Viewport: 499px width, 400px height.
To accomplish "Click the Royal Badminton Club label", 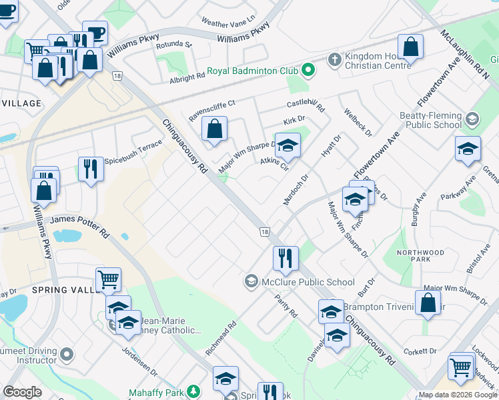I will pos(252,70).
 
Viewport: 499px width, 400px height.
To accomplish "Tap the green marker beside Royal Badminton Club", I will pos(308,69).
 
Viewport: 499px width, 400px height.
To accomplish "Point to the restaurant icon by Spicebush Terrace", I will pos(91,169).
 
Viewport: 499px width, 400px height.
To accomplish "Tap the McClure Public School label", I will pos(308,281).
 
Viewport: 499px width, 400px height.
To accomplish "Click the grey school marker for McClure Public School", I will pos(252,281).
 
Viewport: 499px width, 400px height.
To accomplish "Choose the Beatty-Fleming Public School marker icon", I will pos(472,119).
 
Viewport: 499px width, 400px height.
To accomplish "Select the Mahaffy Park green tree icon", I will pos(193,391).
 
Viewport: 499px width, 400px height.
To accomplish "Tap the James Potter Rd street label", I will pos(79,223).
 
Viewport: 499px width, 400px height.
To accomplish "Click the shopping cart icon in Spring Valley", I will pos(108,279).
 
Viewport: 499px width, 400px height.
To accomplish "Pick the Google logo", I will pos(22,392).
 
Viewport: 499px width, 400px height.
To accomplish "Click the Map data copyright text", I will pos(458,395).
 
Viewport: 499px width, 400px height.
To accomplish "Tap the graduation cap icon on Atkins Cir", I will pos(288,145).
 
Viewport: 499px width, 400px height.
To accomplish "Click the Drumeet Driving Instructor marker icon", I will pos(66,353).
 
